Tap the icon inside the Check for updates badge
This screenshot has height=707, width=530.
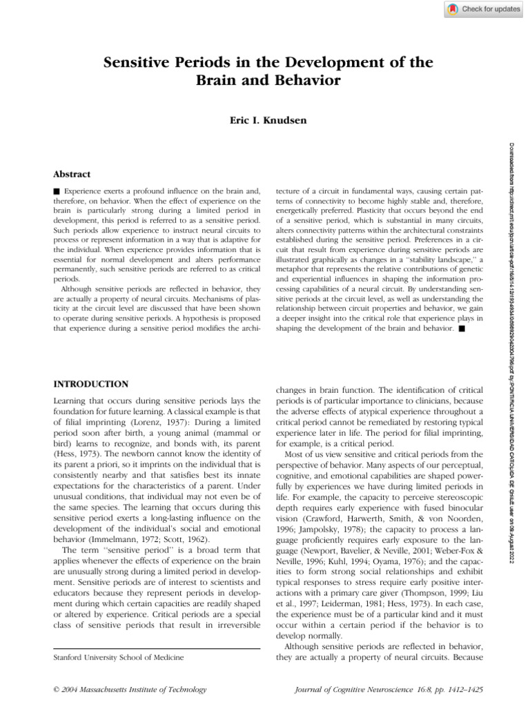[452, 9]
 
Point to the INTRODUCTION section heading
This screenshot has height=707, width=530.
[90, 383]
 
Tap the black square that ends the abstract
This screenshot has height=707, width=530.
[461, 329]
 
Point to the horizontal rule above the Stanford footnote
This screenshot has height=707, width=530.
[157, 648]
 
